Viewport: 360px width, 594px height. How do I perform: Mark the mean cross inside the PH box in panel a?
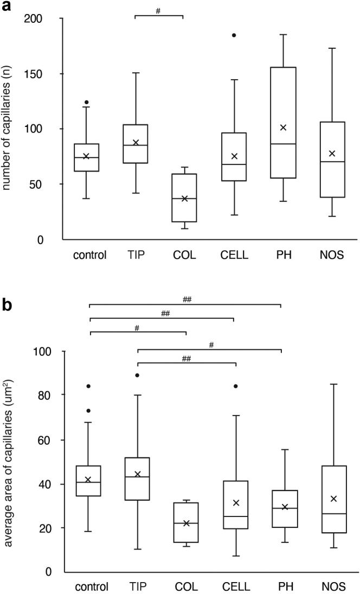[283, 127]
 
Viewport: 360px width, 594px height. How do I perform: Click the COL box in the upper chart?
[184, 198]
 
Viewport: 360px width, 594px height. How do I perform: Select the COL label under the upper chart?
[184, 256]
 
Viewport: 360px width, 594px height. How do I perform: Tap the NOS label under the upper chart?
[332, 256]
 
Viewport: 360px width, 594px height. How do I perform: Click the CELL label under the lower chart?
[234, 587]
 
